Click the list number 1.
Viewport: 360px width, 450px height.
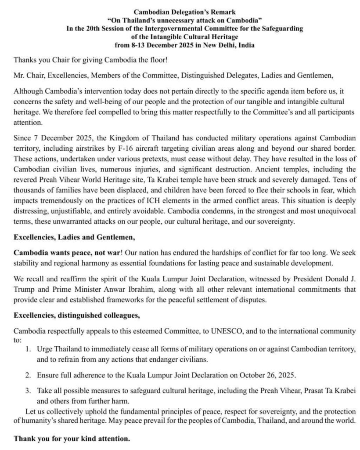pos(28,349)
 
